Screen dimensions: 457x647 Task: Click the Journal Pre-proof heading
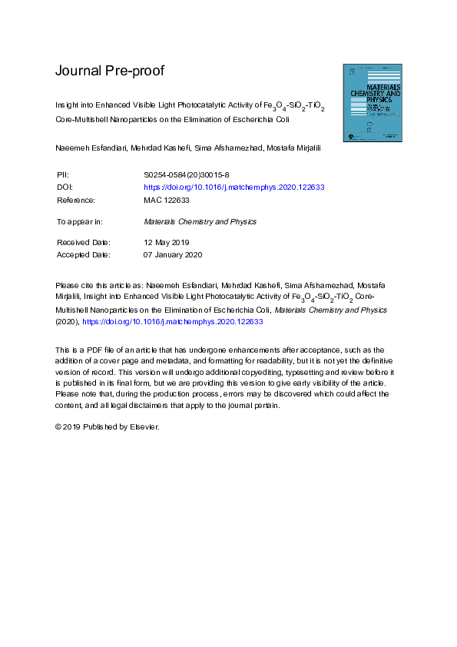(109, 71)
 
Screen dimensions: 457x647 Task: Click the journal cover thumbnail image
(373, 104)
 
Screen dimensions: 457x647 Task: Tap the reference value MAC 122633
(167, 200)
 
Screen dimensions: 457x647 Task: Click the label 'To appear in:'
(79, 221)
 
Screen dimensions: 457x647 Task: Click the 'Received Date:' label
(84, 242)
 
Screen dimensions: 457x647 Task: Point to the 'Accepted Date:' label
(84, 254)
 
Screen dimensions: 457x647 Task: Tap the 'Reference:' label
(76, 200)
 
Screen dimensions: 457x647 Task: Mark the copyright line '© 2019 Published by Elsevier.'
(107, 426)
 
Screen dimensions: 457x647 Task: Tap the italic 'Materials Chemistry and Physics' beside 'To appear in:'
(200, 221)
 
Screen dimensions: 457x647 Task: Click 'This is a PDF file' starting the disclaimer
(90, 350)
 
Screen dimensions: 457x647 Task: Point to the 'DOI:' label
(65, 187)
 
